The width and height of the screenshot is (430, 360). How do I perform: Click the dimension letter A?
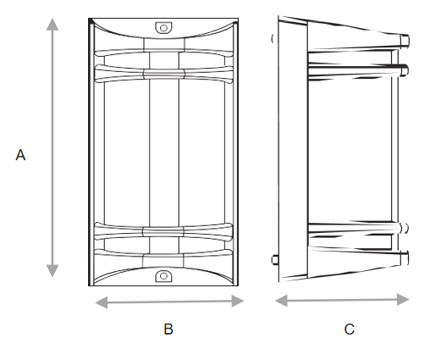pos(20,155)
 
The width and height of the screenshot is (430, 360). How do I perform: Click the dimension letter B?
pos(168,329)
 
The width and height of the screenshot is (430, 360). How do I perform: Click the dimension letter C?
pos(349,330)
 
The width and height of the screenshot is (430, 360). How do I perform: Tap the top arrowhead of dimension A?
pos(52,24)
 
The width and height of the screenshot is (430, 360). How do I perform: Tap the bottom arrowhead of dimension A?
pos(52,271)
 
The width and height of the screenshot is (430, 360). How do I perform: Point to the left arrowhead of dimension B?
pos(102,302)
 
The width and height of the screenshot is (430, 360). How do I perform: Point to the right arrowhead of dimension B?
pos(238,301)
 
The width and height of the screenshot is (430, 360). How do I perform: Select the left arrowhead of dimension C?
pos(281,301)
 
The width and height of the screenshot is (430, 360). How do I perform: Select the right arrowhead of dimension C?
pos(403,299)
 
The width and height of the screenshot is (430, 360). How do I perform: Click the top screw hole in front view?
pos(163,28)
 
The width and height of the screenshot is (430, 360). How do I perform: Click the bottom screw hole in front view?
pos(163,276)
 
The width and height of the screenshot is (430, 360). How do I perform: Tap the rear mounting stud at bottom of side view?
pos(274,260)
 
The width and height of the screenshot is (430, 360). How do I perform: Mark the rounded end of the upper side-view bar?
pos(405,69)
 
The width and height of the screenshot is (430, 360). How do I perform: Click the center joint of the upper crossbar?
pos(164,74)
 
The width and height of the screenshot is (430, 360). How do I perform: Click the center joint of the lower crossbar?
pos(163,232)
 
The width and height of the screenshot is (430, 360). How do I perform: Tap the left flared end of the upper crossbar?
pos(99,74)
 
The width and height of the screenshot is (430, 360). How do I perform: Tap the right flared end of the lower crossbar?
pos(229,232)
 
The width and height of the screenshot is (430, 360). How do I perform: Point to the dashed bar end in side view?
pos(404,228)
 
